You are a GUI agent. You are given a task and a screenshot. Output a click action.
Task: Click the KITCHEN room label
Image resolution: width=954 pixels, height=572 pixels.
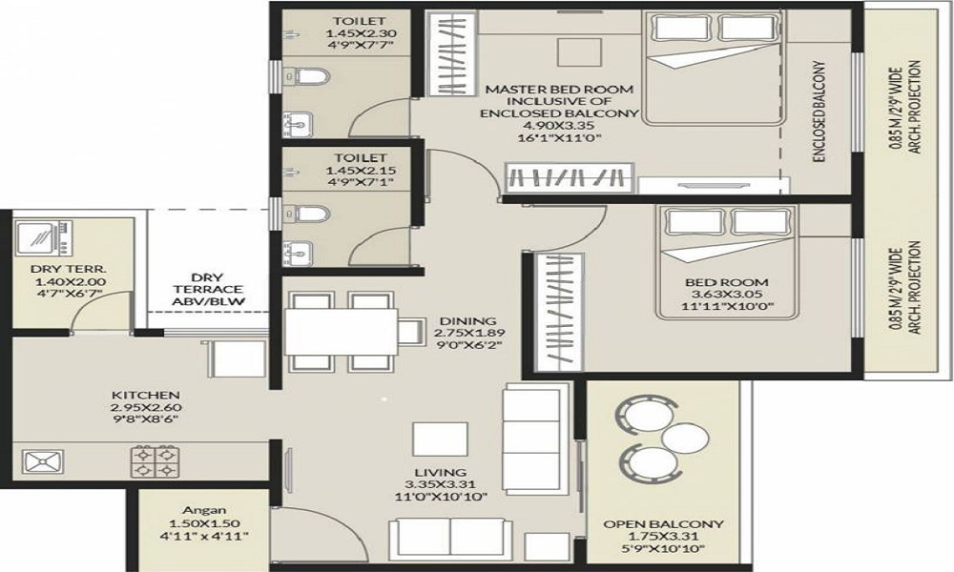[145, 395]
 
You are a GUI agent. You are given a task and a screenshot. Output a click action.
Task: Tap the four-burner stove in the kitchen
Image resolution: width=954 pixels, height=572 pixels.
[155, 462]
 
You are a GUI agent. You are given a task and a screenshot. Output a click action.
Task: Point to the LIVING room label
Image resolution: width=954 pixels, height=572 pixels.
[440, 472]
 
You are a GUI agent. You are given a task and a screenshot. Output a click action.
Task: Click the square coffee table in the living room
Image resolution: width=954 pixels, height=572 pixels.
[440, 439]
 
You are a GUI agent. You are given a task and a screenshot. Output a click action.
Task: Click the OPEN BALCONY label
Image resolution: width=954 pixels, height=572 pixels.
[663, 524]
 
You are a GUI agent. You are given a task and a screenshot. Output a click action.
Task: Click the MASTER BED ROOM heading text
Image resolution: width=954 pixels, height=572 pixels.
[559, 89]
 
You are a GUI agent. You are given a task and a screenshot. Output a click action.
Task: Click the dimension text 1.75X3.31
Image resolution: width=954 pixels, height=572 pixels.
[663, 537]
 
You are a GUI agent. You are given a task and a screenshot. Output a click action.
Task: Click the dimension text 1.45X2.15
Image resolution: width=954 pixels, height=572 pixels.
[347, 171]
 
